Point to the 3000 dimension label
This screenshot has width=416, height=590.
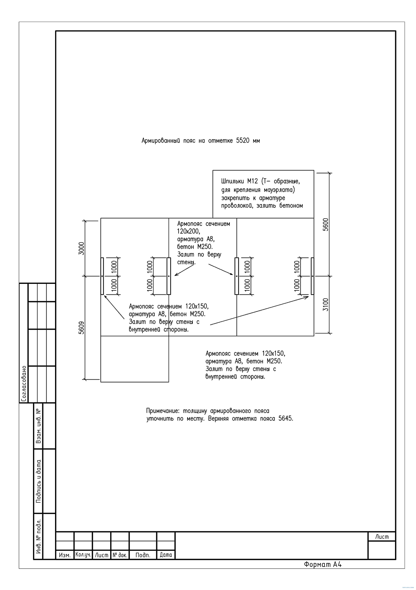click(81, 248)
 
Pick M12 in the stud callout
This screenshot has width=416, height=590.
click(252, 181)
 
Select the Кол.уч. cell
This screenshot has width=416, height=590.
click(83, 555)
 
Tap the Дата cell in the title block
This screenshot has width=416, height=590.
click(166, 555)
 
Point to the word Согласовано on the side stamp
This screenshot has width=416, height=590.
click(24, 384)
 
